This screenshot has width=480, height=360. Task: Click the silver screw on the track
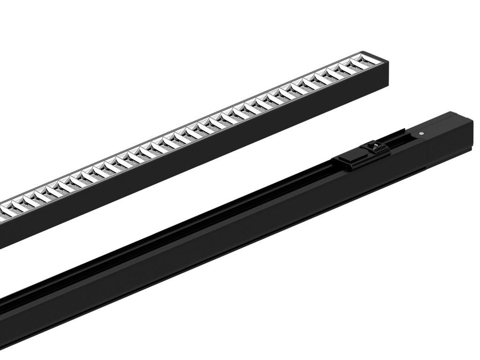[421, 133]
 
